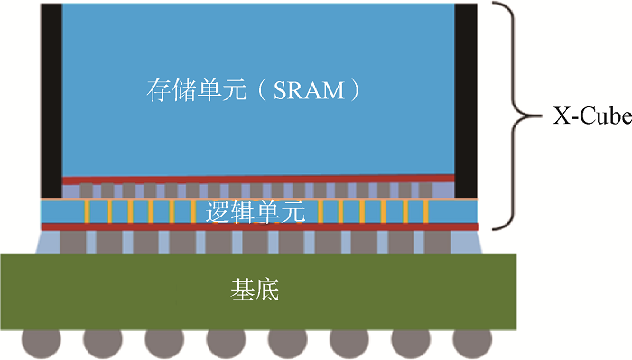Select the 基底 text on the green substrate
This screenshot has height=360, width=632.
coord(257,291)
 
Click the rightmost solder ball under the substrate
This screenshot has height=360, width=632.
coord(472,342)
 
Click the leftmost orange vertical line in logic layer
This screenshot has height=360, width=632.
coord(86,212)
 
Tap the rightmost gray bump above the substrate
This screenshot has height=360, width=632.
coord(437,242)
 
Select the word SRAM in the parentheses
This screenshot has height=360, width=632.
coord(311,91)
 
